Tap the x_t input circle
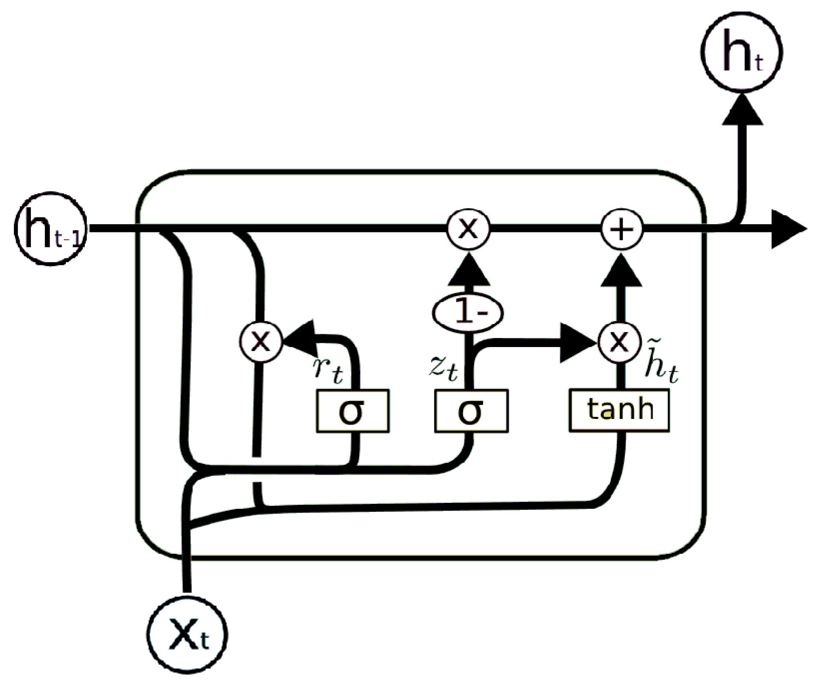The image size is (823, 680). click(187, 635)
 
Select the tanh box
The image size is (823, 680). click(619, 410)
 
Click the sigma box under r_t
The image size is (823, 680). click(353, 411)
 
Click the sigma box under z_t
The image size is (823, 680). click(471, 411)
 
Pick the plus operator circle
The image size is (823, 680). click(622, 229)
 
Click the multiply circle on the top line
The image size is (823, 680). click(468, 229)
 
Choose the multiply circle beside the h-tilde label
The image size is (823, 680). click(619, 342)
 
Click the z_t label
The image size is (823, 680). click(444, 368)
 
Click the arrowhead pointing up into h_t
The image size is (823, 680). click(743, 111)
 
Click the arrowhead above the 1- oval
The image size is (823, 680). click(469, 270)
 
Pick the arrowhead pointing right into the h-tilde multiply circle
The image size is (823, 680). click(578, 342)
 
